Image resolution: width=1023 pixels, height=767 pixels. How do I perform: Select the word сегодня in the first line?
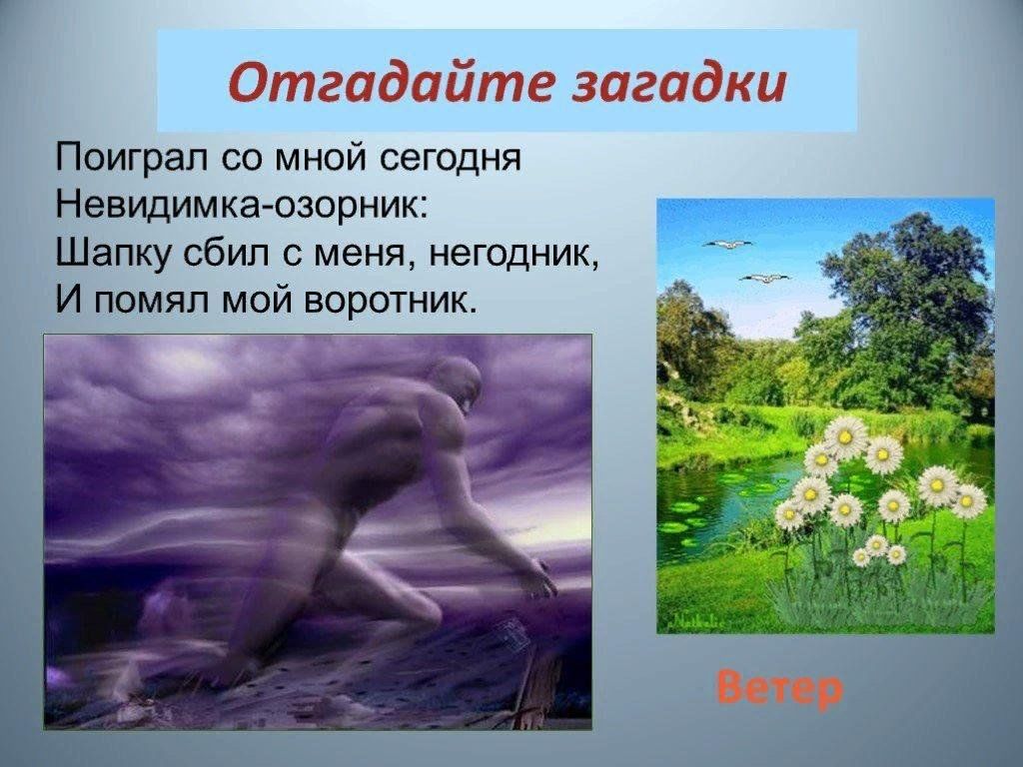pos(450,160)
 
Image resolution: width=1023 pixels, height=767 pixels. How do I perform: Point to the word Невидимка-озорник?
pos(242,205)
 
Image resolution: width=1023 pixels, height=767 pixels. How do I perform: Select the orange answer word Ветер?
pos(779,689)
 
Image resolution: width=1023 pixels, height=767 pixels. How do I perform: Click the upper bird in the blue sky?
pos(727,245)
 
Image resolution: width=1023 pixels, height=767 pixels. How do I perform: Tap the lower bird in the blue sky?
pos(764,279)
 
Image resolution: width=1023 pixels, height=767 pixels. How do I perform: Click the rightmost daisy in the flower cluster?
pos(969,501)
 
